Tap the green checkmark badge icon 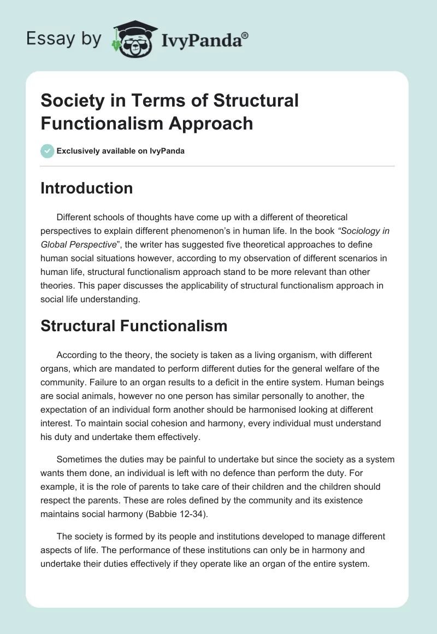(48, 151)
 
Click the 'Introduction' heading (86, 188)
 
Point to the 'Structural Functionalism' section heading (134, 326)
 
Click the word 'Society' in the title (70, 101)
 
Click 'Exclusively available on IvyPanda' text (121, 151)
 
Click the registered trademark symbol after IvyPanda (245, 34)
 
